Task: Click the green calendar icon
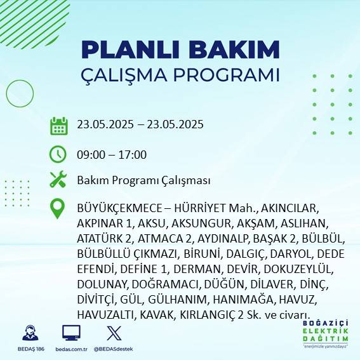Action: (x=58, y=125)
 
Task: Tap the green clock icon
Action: (x=58, y=154)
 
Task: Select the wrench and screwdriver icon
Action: (x=58, y=180)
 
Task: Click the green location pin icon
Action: (x=58, y=209)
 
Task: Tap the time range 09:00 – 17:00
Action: (x=112, y=155)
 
